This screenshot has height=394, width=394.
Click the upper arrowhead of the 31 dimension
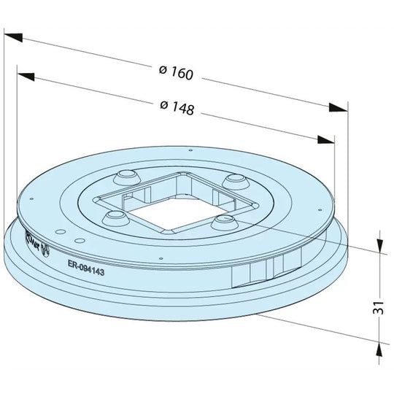click(x=379, y=244)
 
